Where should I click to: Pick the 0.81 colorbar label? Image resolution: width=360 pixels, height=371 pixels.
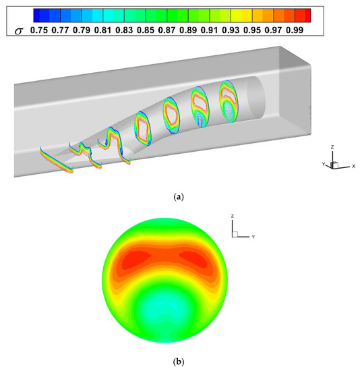pos(108,30)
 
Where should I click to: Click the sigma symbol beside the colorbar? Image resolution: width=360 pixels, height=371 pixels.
pos(18,30)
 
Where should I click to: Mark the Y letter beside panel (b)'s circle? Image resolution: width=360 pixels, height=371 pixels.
pos(251,237)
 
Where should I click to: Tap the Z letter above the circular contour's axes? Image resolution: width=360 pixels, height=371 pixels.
pos(232,215)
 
